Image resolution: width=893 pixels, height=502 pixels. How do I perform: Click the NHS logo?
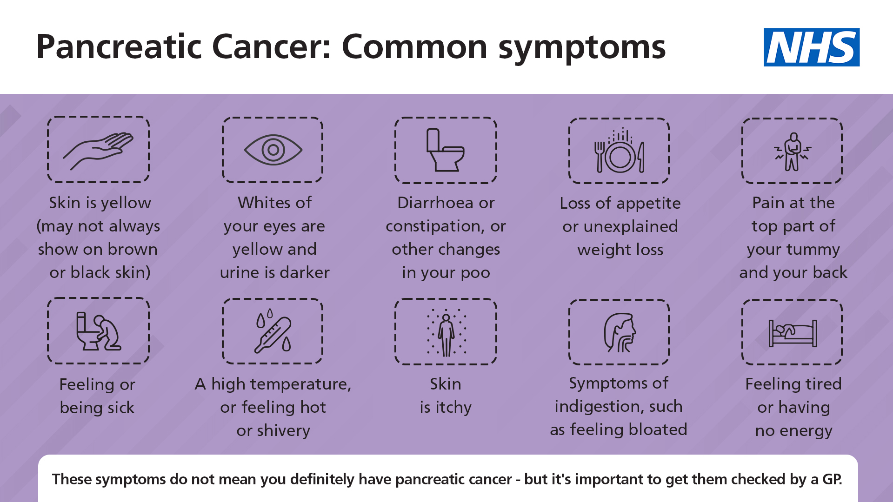point(811,47)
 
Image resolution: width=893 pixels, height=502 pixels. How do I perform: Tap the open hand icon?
point(98,150)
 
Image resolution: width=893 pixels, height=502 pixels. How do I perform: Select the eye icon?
point(273,150)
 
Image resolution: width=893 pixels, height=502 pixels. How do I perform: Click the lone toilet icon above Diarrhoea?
point(446,150)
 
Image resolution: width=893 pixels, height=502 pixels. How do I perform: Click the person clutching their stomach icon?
point(792,152)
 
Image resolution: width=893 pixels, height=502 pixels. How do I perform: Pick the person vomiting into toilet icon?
point(98,331)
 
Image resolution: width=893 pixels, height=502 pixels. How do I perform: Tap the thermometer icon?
point(273,331)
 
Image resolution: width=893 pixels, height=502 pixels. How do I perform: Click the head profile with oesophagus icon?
point(619,332)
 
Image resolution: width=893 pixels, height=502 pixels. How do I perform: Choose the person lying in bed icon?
point(792,332)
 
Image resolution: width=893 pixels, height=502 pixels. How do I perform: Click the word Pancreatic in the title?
point(118,47)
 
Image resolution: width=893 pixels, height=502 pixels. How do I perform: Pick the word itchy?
point(453,408)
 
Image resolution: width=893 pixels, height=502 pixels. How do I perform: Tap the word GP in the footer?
point(832,479)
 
